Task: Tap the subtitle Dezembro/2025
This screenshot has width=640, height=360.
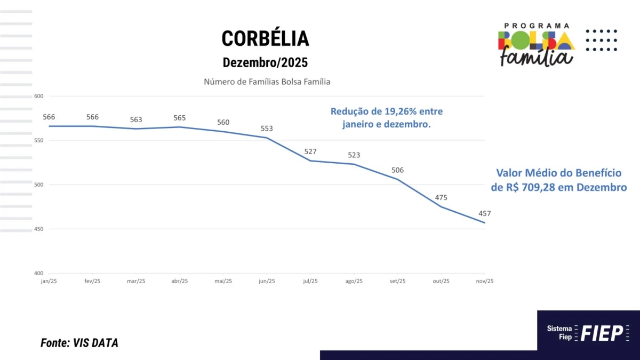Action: tap(265, 62)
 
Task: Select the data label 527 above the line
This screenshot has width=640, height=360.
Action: tap(310, 151)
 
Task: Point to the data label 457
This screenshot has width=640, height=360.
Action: tap(485, 213)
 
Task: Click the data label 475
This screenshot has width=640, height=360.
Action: tap(441, 197)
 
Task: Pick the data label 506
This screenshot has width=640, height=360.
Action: tap(397, 170)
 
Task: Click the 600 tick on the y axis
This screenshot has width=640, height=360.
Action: tap(38, 97)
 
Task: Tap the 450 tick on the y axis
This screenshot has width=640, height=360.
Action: tap(38, 229)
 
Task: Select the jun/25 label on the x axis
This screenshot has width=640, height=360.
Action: tap(267, 281)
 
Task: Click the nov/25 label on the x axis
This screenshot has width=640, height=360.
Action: tap(485, 281)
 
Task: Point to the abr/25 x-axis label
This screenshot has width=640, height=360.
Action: tap(179, 281)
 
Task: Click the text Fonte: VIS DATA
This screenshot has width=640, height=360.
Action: tap(79, 343)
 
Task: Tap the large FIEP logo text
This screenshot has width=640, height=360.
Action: tap(602, 333)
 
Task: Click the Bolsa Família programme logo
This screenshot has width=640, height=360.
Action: tap(537, 45)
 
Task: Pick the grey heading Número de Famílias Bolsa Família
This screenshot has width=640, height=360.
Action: tap(267, 82)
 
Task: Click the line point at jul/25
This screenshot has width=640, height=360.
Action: tap(310, 161)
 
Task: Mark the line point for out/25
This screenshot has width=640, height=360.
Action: tap(441, 207)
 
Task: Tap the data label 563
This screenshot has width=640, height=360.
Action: tap(136, 119)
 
